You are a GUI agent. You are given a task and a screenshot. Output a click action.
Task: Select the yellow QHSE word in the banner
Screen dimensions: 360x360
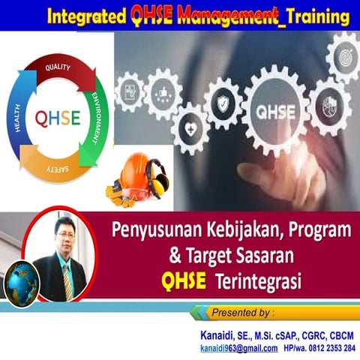pos(185,280)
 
